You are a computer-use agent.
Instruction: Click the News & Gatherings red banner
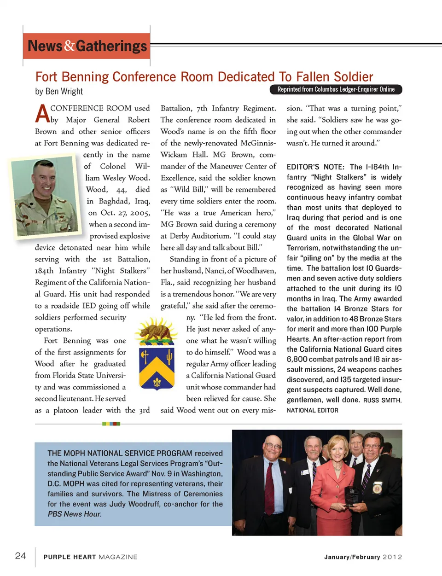pyautogui.click(x=87, y=46)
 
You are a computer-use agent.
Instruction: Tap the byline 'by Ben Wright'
pyautogui.click(x=59, y=91)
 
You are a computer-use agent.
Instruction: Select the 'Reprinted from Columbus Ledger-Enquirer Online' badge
pyautogui.click(x=336, y=89)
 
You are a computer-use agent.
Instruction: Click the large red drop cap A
pyautogui.click(x=42, y=114)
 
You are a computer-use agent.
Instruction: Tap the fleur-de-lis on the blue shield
pyautogui.click(x=157, y=382)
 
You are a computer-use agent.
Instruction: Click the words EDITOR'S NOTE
pyautogui.click(x=315, y=167)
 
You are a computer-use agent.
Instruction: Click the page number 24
pyautogui.click(x=21, y=555)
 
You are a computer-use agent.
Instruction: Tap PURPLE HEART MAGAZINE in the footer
pyautogui.click(x=90, y=557)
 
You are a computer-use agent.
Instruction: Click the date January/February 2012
pyautogui.click(x=363, y=557)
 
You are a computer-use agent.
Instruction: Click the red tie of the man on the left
pyautogui.click(x=269, y=488)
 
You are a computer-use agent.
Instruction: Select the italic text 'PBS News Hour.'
pyautogui.click(x=75, y=514)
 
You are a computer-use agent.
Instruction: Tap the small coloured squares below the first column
pyautogui.click(x=111, y=424)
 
